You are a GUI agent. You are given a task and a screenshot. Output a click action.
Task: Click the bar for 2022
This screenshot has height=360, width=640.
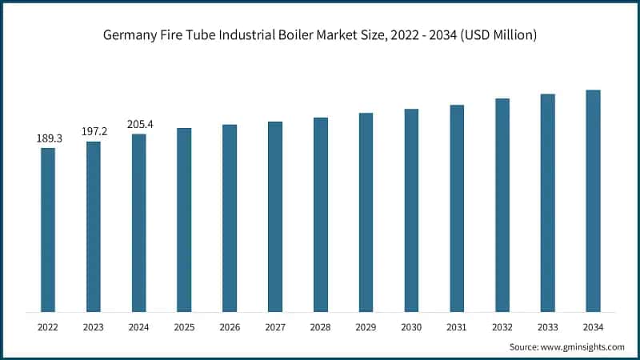coord(48,230)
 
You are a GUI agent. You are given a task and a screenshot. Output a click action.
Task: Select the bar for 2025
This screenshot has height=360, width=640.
coord(184,220)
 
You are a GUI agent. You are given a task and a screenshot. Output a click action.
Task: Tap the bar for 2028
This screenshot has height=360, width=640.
coord(320,214)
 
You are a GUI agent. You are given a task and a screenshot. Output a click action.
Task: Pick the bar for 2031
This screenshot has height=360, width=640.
coord(457,208)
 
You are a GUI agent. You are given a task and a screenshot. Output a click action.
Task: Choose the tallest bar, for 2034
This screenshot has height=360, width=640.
coord(593,201)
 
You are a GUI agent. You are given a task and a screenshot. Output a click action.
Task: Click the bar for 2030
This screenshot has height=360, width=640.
coord(411,210)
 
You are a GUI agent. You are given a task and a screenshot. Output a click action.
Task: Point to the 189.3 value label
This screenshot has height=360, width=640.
coord(48,138)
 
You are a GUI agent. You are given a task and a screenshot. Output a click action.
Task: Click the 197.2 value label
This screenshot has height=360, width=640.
coord(94,131)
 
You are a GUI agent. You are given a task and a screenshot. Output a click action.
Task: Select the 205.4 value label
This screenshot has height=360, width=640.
coord(139,124)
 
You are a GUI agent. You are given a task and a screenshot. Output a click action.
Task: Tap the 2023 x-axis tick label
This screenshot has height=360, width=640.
coord(94,326)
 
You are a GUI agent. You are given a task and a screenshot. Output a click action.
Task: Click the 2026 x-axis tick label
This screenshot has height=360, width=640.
coord(230,326)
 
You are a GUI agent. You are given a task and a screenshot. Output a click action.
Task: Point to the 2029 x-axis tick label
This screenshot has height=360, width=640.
coord(366,326)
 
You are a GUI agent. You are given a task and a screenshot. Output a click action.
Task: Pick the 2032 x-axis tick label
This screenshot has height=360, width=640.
coord(502,326)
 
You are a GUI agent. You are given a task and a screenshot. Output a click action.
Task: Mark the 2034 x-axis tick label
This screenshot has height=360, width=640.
coord(593,326)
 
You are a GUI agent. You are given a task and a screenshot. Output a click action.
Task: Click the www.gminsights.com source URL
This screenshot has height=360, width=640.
coord(582,346)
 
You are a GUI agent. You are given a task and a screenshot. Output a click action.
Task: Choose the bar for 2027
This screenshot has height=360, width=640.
coord(275,217)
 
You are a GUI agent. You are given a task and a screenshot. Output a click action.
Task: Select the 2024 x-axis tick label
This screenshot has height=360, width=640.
coord(139,326)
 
